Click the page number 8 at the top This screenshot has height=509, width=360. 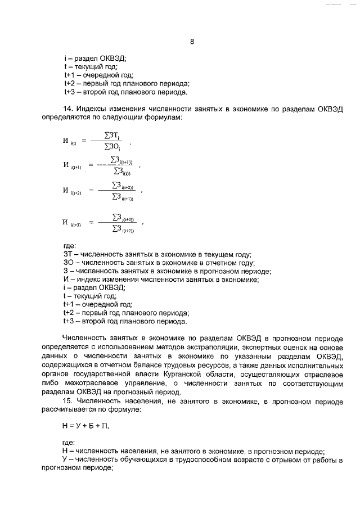click(192, 42)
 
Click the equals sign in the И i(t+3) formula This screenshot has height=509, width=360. click(92, 222)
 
